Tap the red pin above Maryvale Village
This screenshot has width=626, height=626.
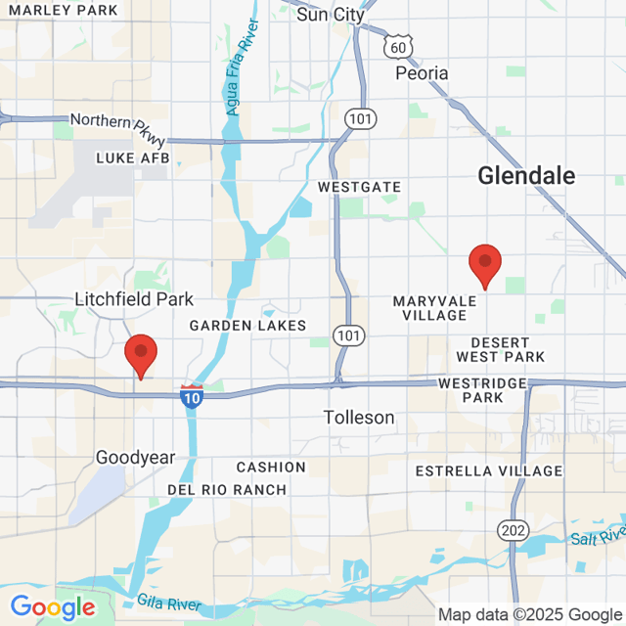point(485,265)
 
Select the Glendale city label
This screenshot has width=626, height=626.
point(526,175)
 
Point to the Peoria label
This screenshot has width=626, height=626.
point(422,73)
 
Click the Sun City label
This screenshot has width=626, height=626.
point(330,14)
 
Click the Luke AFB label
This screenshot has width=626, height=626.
point(132,157)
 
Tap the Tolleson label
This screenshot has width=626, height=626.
point(359,418)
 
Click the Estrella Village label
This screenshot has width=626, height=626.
point(489,470)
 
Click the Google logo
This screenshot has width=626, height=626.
point(53,607)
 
